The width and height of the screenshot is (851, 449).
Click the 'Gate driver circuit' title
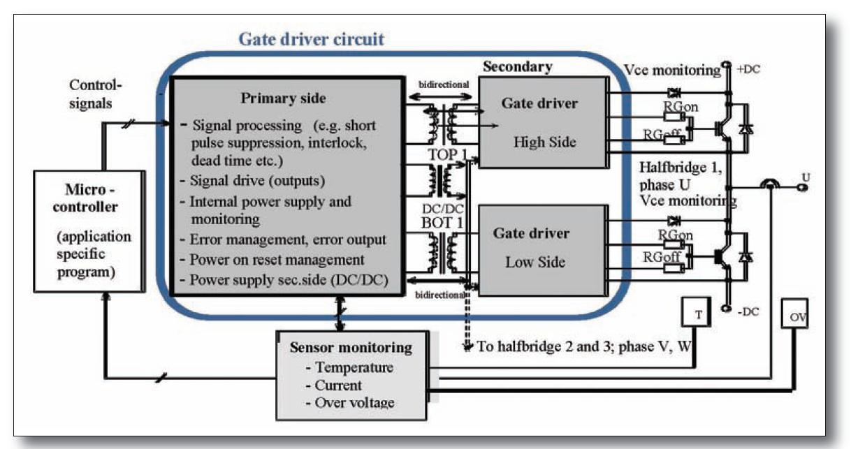coord(311,38)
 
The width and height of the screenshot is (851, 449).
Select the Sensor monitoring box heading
coord(351,347)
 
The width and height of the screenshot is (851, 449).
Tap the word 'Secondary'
coord(517,67)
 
